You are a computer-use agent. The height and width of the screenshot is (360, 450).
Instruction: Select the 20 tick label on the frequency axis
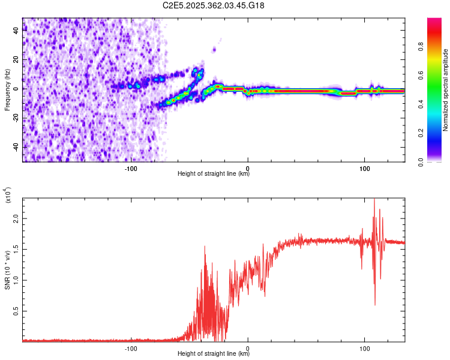17,59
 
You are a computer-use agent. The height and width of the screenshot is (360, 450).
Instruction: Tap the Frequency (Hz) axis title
7,90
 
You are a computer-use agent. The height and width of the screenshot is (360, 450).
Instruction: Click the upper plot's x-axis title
214,174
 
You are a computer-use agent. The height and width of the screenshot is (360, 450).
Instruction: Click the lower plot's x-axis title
214,353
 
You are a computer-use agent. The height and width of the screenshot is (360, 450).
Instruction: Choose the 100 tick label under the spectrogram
364,168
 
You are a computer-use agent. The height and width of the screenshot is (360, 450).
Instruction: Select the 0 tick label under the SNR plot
248,347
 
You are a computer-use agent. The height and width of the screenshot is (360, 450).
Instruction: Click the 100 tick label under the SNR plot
364,347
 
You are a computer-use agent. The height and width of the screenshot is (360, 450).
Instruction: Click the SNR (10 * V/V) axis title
7,270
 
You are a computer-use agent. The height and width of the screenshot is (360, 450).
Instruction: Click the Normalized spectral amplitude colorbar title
445,90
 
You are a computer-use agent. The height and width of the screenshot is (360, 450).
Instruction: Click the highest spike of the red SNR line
374,200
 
